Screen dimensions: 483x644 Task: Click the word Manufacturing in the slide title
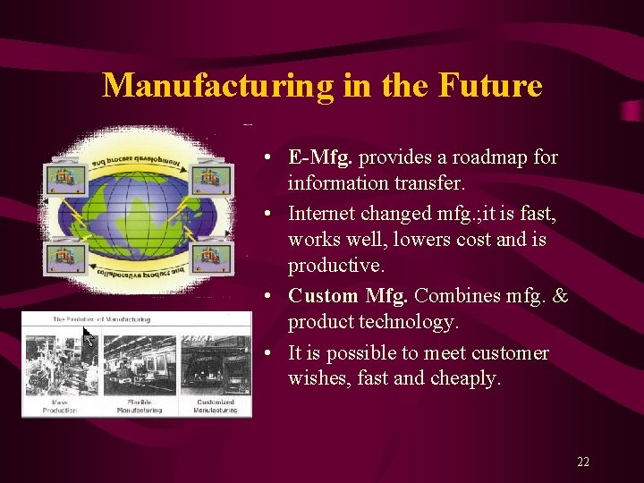coord(218,86)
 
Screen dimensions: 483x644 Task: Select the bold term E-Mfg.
coord(321,157)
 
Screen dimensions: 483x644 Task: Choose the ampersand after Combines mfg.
coord(561,295)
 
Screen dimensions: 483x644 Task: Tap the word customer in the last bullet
coord(506,353)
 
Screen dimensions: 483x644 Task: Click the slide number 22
coord(583,462)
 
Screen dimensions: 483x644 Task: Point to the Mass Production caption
coord(60,406)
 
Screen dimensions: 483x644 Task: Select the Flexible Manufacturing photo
coord(140,364)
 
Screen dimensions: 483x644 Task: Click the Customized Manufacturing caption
coord(215,406)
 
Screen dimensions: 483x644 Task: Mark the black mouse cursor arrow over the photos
coord(88,336)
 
